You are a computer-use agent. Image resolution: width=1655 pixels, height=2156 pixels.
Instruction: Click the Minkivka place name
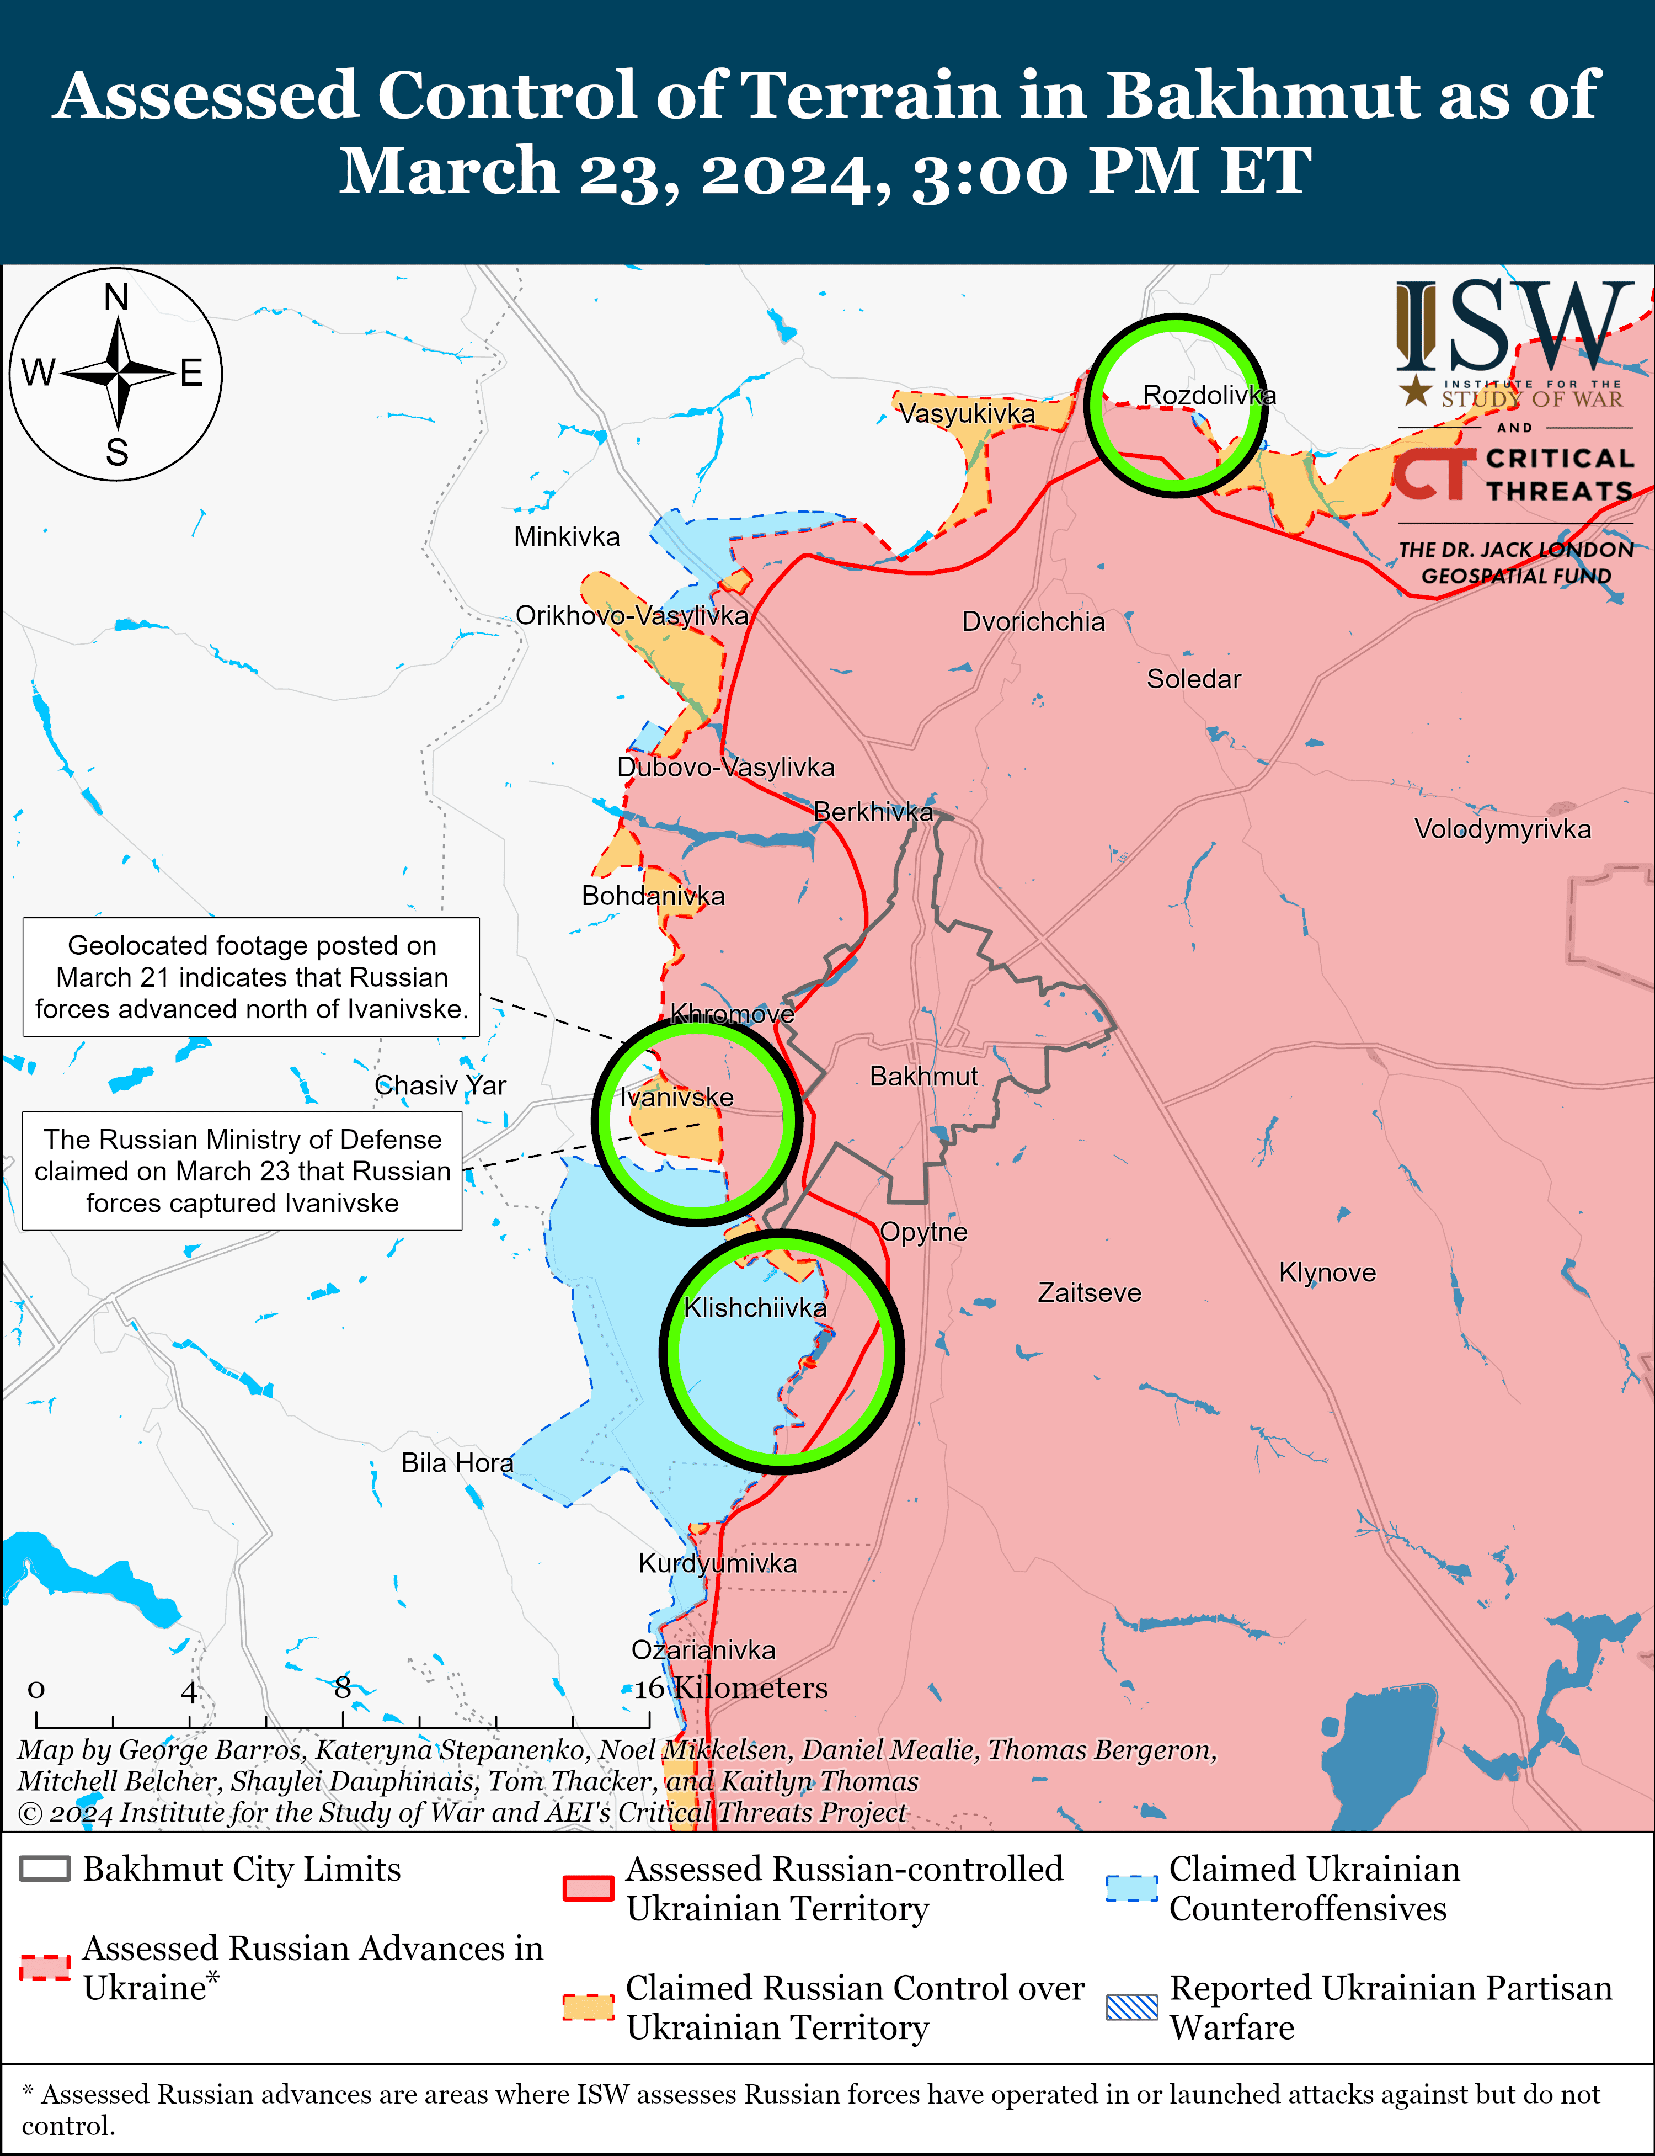coord(567,537)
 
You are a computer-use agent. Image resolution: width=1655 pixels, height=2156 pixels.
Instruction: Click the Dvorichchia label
coord(1033,622)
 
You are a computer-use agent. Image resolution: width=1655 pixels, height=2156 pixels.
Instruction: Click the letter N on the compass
coord(116,296)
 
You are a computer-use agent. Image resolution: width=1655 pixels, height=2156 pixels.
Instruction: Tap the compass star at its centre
coord(117,374)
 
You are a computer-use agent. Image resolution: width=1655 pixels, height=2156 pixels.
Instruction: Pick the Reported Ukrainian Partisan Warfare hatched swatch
coord(1132,2007)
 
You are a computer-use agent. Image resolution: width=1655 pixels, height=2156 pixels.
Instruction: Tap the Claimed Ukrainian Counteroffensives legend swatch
coord(1132,1888)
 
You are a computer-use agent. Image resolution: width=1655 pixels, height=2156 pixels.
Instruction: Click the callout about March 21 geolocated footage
coord(251,977)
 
